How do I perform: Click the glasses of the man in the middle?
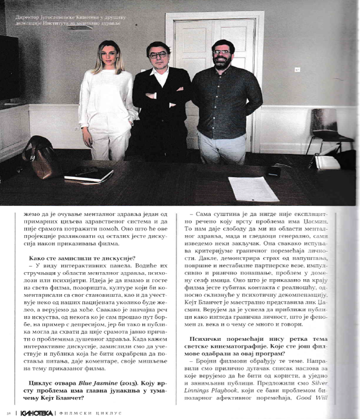(158, 55)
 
